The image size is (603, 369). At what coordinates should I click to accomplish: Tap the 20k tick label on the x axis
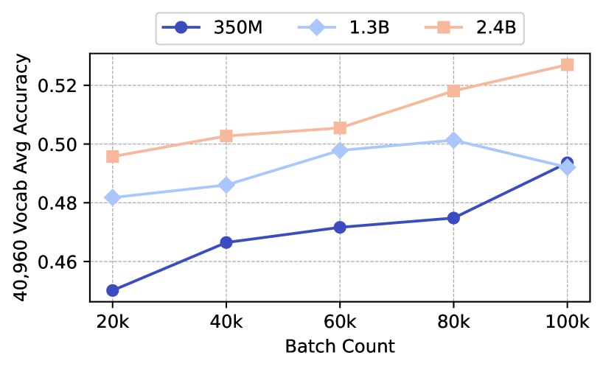click(x=112, y=322)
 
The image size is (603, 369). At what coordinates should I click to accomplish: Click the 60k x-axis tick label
click(x=340, y=322)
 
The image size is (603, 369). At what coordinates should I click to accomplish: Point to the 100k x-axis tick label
click(x=567, y=322)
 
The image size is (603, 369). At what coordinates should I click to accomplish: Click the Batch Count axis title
click(x=340, y=346)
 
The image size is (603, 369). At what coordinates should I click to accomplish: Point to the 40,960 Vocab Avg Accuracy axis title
click(x=27, y=177)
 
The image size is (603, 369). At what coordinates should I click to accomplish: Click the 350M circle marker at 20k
click(x=112, y=290)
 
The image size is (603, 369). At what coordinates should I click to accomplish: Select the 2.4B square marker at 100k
click(x=567, y=65)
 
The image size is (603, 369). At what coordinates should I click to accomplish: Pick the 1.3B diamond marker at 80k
click(x=453, y=140)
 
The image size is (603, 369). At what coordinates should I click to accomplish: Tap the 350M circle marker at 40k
click(x=226, y=242)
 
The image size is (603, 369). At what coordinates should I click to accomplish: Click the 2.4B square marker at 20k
click(x=112, y=156)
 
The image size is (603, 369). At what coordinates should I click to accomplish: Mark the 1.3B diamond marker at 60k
click(x=340, y=150)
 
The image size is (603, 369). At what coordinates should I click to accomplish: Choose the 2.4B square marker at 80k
click(x=453, y=91)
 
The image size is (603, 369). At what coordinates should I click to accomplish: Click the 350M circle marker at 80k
click(x=453, y=218)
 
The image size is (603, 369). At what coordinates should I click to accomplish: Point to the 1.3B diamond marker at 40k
click(x=226, y=185)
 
